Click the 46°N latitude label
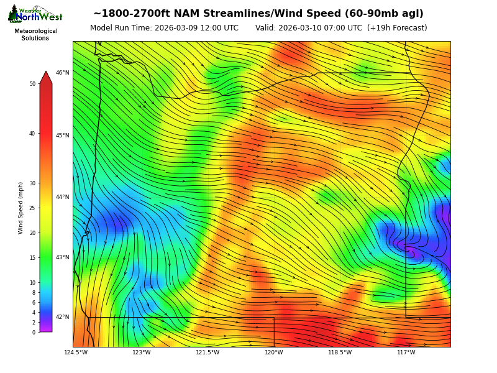[x=63, y=73]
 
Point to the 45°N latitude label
[x=63, y=136]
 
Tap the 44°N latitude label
[x=63, y=197]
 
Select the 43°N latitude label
[x=63, y=257]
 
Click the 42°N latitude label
[x=63, y=317]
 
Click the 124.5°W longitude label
[x=76, y=352]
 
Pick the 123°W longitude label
[x=142, y=352]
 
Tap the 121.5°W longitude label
[x=207, y=352]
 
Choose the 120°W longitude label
[x=274, y=352]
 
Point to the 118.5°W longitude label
[x=340, y=352]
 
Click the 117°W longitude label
[x=406, y=352]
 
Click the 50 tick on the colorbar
[x=32, y=84]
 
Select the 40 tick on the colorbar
[x=32, y=133]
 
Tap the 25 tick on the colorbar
[x=32, y=208]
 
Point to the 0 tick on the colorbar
[x=34, y=333]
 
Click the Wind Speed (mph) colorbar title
[x=21, y=208]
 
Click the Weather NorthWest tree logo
[x=14, y=14]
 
